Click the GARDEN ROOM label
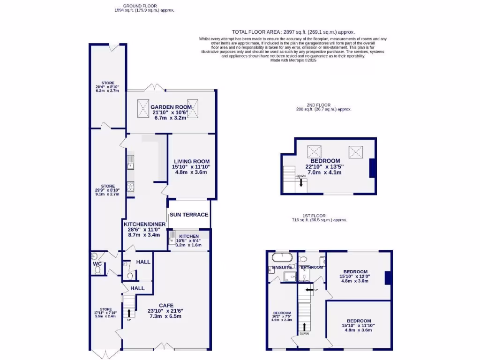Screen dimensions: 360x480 (171, 107)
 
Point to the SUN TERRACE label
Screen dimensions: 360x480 (189, 215)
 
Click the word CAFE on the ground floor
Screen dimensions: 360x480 (166, 306)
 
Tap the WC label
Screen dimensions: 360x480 (97, 263)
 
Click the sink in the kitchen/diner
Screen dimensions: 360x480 (130, 162)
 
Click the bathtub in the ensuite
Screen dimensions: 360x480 (282, 257)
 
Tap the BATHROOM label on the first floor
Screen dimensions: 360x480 (312, 268)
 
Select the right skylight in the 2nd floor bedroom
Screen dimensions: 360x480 (355, 152)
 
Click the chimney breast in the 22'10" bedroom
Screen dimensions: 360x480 (372, 168)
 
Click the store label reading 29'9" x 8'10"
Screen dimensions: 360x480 (107, 186)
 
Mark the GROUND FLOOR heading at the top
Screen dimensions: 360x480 (131, 6)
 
